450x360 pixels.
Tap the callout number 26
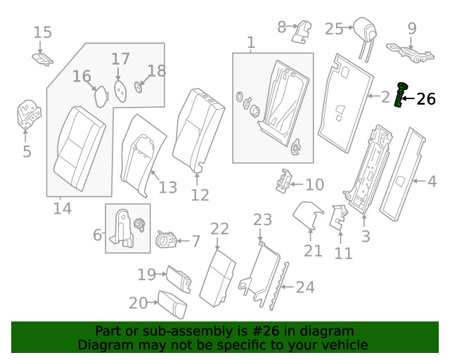pyautogui.click(x=426, y=99)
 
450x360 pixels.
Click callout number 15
pyautogui.click(x=43, y=32)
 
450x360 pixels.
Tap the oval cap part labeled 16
pyautogui.click(x=100, y=96)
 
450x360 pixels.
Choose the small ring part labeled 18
pyautogui.click(x=138, y=87)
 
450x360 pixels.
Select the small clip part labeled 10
pyautogui.click(x=284, y=181)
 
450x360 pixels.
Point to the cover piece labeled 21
pyautogui.click(x=307, y=214)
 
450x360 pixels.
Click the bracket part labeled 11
pyautogui.click(x=338, y=217)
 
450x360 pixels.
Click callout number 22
pyautogui.click(x=219, y=229)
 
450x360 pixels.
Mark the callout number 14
pyautogui.click(x=63, y=208)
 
